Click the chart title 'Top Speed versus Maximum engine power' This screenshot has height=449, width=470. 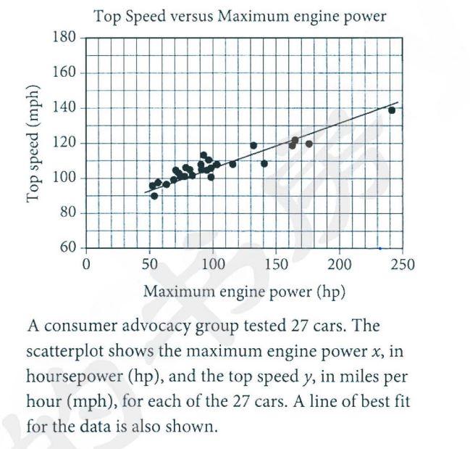tap(240, 16)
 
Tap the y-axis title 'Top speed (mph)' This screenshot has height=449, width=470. tap(33, 146)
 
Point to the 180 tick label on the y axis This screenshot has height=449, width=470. tap(66, 37)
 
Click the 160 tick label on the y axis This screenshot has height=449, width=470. tap(66, 73)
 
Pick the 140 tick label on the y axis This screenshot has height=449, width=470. tap(66, 108)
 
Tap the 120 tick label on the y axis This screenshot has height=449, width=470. tap(66, 143)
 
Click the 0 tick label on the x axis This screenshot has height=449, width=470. tap(86, 264)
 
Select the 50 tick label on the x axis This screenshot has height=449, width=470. tap(149, 264)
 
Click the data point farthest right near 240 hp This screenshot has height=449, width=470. tap(392, 110)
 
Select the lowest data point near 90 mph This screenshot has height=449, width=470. tap(154, 196)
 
